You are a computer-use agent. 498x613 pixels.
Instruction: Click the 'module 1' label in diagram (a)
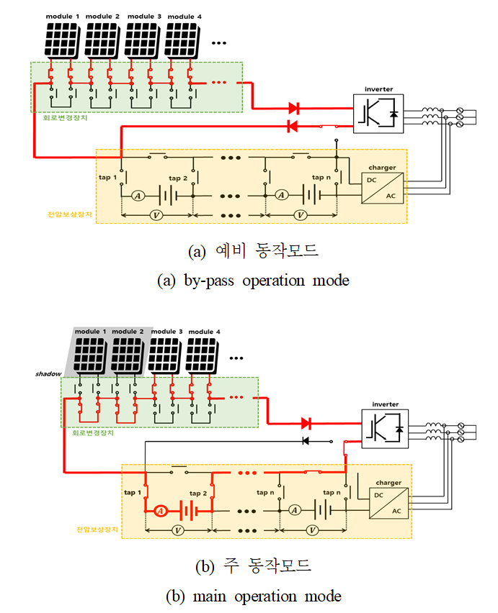point(63,15)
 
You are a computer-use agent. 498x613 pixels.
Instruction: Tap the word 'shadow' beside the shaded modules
point(48,374)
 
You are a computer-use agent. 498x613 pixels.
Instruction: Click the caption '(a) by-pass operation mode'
point(252,281)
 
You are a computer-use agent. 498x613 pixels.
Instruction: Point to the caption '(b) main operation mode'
point(252,596)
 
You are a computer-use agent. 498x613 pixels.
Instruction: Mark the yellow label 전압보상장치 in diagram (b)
point(94,530)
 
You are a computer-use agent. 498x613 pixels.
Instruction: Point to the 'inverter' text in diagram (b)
point(383,404)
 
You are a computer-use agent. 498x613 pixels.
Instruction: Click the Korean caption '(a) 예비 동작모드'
point(252,252)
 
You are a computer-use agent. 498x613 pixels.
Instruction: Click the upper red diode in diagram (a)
point(294,109)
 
